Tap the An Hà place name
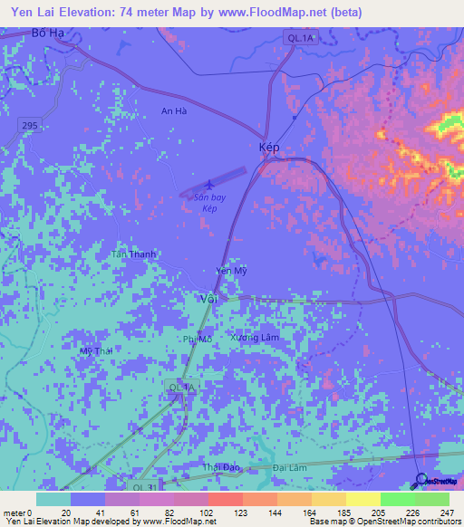[x=173, y=111]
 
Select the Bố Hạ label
[x=50, y=33]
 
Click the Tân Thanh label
[x=133, y=254]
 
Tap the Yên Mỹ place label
[x=231, y=271]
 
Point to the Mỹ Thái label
[x=96, y=350]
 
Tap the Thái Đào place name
[x=219, y=467]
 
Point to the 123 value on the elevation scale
[x=243, y=513]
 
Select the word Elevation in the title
[x=104, y=13]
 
